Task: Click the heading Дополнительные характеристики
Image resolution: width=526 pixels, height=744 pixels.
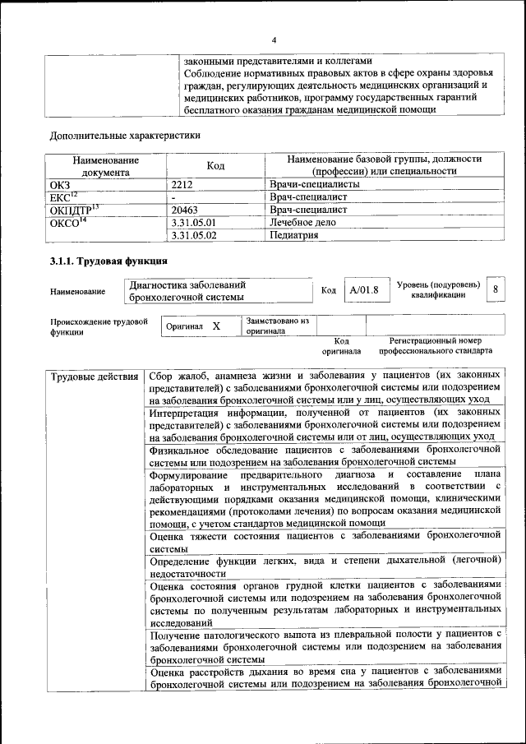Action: (x=125, y=135)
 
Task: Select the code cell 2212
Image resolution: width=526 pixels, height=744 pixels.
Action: (x=182, y=184)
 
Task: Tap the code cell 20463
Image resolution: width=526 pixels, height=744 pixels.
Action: (x=185, y=210)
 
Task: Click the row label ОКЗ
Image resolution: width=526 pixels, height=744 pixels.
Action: (x=62, y=184)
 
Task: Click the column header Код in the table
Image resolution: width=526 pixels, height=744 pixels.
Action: (x=215, y=165)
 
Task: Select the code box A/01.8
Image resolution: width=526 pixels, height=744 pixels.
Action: (x=363, y=289)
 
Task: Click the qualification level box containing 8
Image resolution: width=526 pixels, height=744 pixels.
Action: (x=495, y=289)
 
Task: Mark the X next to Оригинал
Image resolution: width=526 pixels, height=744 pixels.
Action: (x=216, y=326)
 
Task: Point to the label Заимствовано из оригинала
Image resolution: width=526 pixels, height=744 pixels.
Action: (x=276, y=326)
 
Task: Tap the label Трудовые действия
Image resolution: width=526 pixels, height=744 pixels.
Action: (x=95, y=377)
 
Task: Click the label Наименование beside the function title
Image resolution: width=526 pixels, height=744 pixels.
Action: (x=77, y=291)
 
